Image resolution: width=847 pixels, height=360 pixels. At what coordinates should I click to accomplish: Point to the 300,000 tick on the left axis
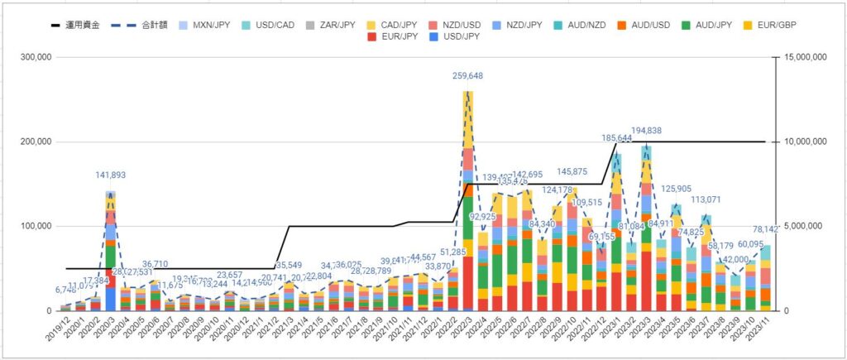click(36, 58)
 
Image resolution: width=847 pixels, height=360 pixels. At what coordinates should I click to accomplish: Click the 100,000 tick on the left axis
click(36, 227)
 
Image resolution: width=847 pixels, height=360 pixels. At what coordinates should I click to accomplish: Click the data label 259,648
click(468, 76)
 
